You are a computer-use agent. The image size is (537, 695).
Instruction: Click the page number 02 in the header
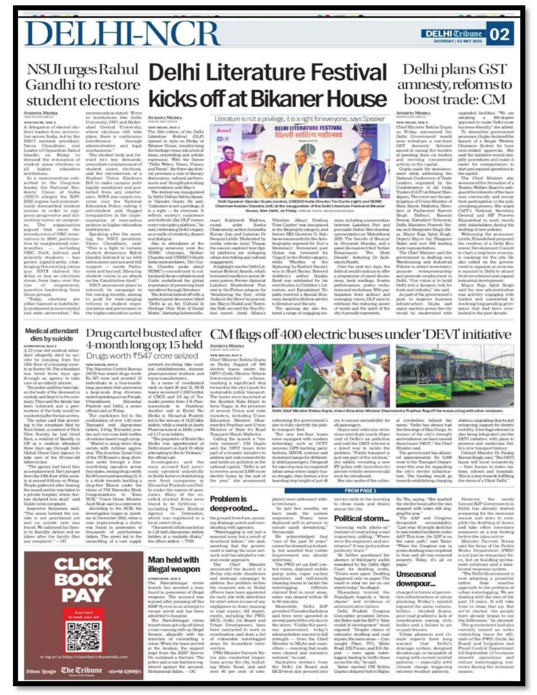500,34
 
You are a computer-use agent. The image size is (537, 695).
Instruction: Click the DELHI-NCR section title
122,33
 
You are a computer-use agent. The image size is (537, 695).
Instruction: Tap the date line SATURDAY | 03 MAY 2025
458,41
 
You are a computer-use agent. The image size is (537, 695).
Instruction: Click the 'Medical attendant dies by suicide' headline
52,335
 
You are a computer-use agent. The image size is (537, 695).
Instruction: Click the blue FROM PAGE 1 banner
360,490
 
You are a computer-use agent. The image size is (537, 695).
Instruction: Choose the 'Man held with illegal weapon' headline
174,564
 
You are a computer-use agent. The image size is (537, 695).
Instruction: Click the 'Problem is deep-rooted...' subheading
234,503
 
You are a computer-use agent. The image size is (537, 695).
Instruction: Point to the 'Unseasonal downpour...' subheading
416,579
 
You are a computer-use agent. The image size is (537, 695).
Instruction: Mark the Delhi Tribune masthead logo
454,33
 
